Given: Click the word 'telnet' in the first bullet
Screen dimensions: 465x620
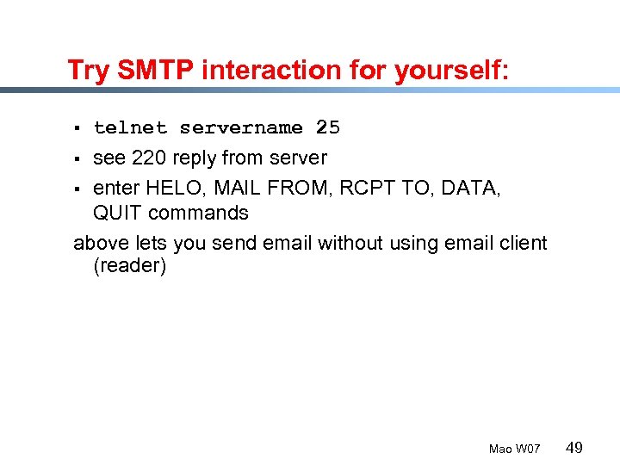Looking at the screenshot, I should pyautogui.click(x=130, y=128).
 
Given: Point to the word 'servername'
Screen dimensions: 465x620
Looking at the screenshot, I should pyautogui.click(x=241, y=128).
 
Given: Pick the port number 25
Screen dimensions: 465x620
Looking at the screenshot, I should pyautogui.click(x=328, y=128).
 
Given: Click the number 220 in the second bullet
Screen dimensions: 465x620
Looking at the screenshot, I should pyautogui.click(x=149, y=158).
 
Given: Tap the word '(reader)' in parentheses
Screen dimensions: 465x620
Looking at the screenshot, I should pyautogui.click(x=129, y=266).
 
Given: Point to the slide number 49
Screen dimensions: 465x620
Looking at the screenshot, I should pyautogui.click(x=574, y=447).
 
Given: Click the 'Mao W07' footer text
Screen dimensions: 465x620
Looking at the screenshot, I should pyautogui.click(x=514, y=449).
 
